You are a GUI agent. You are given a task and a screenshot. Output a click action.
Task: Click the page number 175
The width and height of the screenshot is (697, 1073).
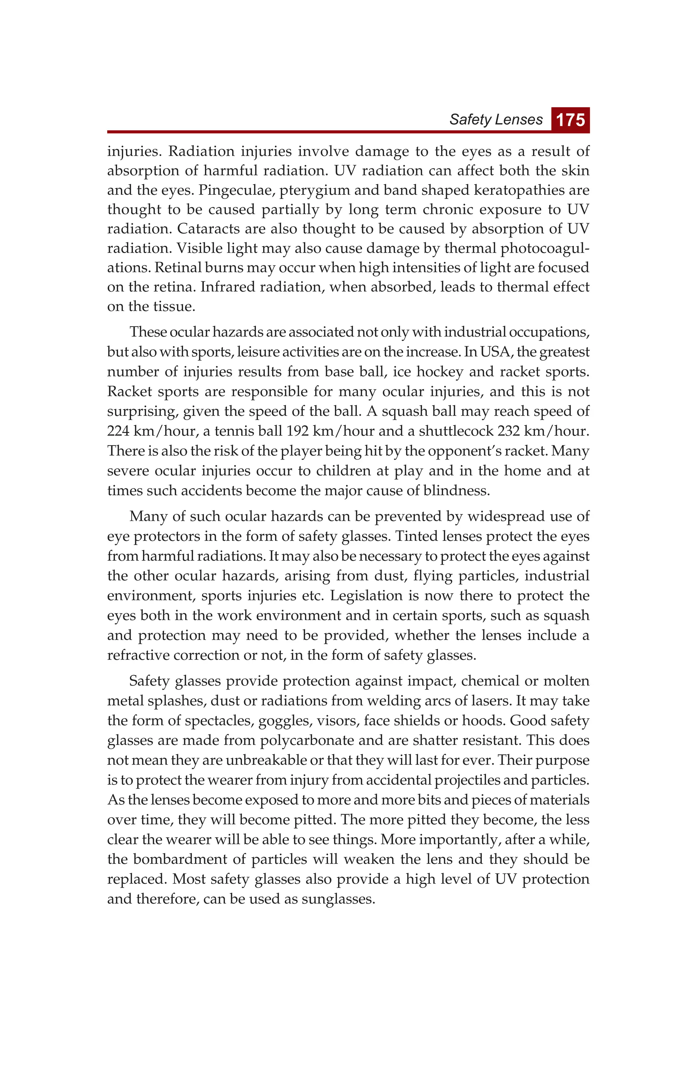point(570,120)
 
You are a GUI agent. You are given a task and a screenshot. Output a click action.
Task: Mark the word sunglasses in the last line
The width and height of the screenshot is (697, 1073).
point(338,899)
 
